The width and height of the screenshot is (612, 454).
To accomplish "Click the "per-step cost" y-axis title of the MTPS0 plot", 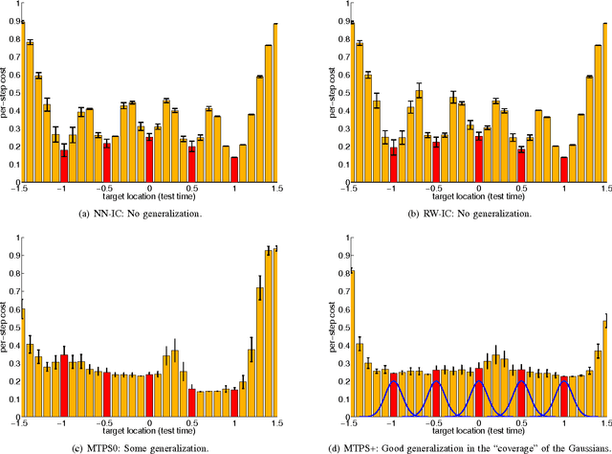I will point(7,326).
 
